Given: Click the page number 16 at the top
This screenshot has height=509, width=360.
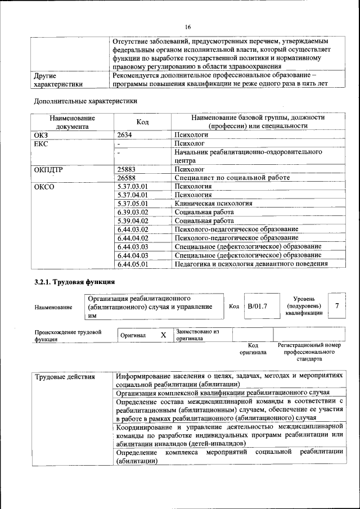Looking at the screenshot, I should coord(188,27).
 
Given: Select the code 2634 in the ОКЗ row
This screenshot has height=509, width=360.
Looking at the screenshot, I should coord(126,136).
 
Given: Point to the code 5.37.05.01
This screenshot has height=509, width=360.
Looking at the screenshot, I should coord(133,203).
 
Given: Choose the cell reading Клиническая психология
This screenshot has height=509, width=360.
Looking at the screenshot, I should coord(213,203).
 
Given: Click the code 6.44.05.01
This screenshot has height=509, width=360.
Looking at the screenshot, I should coord(133,263).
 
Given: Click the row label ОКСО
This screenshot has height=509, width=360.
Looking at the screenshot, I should coord(44,186).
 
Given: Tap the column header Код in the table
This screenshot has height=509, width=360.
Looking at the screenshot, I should coord(142,122).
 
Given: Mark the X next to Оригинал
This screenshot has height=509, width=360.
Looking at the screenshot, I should coord(163,335).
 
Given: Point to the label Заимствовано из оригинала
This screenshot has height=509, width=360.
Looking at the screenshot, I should coord(197,335).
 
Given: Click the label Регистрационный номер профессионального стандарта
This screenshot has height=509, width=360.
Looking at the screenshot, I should coord(309,352).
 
